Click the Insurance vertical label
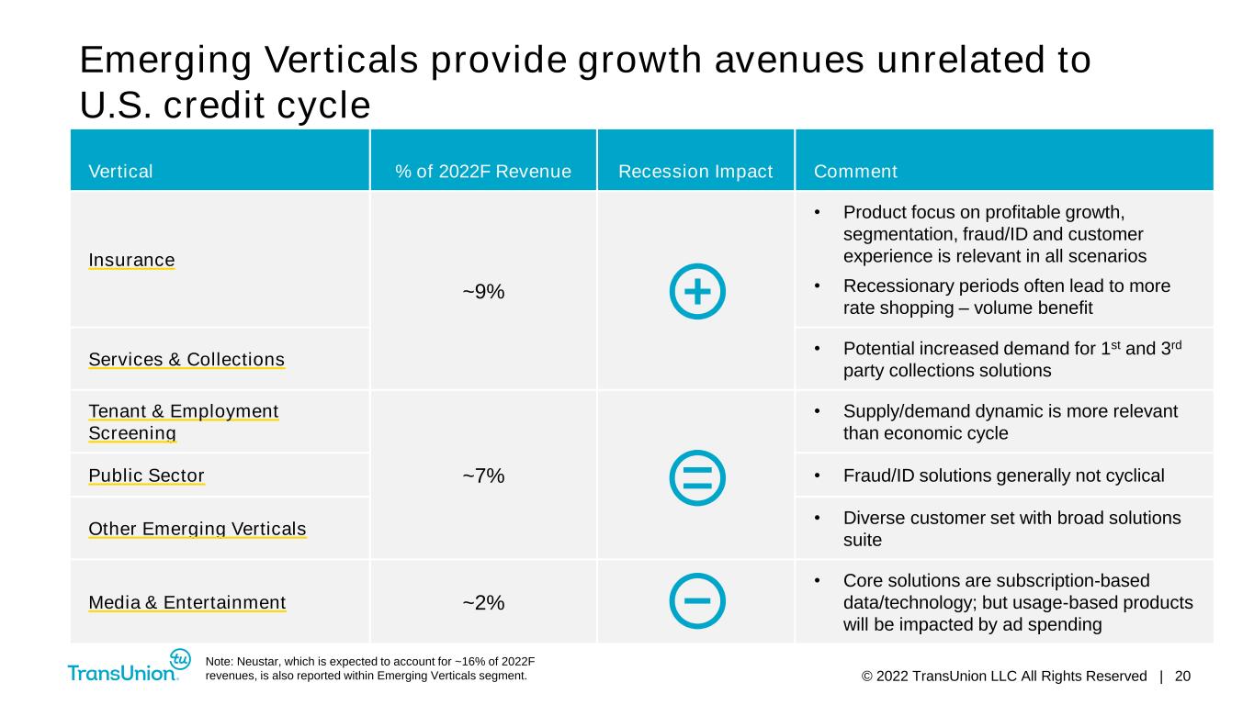pyautogui.click(x=131, y=260)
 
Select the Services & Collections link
pyautogui.click(x=186, y=359)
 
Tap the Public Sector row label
pyautogui.click(x=146, y=476)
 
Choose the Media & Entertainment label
pyautogui.click(x=187, y=602)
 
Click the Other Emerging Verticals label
pyautogui.click(x=197, y=529)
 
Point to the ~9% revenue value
pyautogui.click(x=483, y=292)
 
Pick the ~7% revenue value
pyautogui.click(x=483, y=476)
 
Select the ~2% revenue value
pyautogui.click(x=483, y=602)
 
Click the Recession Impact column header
pyautogui.click(x=695, y=172)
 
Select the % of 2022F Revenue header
pyautogui.click(x=483, y=172)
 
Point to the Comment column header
pyautogui.click(x=855, y=172)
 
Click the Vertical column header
pyautogui.click(x=120, y=172)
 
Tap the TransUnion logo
pyautogui.click(x=129, y=666)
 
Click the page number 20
pyautogui.click(x=1182, y=677)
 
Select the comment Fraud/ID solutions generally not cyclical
pyautogui.click(x=1004, y=476)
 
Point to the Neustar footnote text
pyautogui.click(x=370, y=668)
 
